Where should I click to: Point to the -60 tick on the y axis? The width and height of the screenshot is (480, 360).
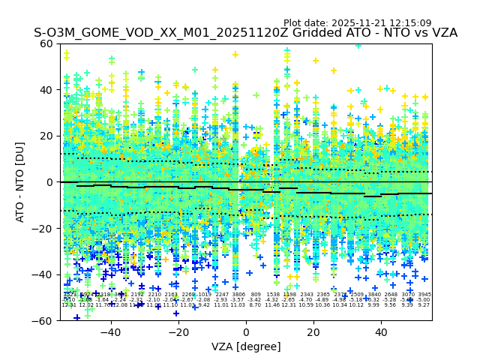click(x=45, y=321)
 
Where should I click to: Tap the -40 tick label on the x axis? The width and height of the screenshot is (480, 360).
click(x=110, y=332)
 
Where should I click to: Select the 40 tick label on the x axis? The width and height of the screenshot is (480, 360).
click(x=381, y=332)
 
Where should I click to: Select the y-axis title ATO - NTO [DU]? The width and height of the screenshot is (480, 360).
click(x=21, y=182)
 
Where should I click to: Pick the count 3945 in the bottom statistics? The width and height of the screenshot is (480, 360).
click(x=424, y=295)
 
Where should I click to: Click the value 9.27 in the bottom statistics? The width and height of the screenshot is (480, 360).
click(x=424, y=305)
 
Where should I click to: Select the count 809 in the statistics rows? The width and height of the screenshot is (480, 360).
click(x=256, y=295)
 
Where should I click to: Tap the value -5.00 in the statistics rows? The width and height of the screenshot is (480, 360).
click(x=424, y=300)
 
